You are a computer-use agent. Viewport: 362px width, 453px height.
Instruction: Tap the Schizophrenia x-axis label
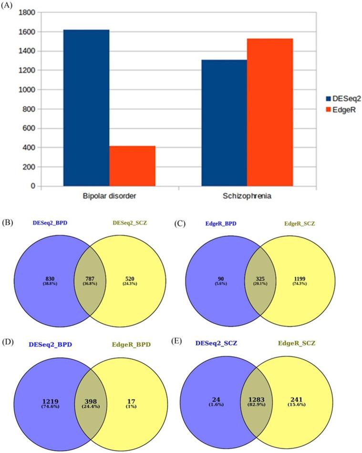click(x=247, y=196)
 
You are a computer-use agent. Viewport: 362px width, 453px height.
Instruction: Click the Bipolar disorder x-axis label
click(x=109, y=196)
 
